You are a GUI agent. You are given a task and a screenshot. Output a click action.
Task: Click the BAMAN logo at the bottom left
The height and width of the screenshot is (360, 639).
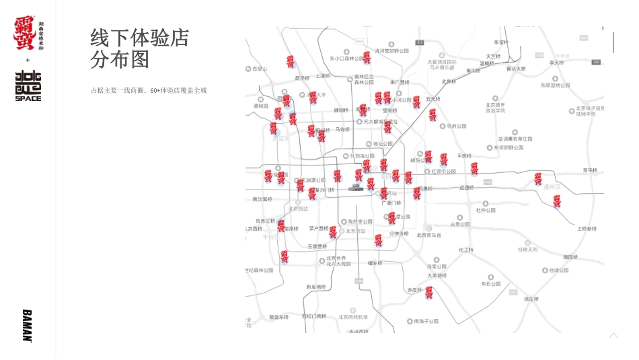point(27,326)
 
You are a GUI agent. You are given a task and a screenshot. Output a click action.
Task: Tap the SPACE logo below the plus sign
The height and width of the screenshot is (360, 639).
point(28,85)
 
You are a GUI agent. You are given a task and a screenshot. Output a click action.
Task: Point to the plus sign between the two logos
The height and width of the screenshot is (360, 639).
point(28,60)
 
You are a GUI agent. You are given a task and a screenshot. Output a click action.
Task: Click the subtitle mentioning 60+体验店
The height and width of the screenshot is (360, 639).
point(149,90)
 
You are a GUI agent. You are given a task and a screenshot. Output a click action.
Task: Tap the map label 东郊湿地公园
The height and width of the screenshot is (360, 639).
point(555,85)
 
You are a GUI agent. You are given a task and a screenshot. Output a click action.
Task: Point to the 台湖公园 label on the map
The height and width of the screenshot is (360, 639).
point(558,270)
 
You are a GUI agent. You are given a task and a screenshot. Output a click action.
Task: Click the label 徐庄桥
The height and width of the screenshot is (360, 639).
point(531,299)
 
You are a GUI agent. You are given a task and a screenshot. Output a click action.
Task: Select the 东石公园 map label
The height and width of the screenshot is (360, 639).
point(491,284)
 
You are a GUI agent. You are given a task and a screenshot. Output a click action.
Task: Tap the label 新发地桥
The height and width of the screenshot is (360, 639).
point(315,287)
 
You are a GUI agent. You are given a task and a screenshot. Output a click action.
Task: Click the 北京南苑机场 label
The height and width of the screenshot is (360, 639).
point(353,316)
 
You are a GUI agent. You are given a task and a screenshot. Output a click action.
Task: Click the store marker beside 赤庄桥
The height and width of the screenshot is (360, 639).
point(428,291)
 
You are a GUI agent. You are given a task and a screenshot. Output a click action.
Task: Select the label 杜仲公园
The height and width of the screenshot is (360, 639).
point(486,210)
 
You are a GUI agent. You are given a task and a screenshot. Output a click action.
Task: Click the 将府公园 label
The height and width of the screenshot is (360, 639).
point(457,126)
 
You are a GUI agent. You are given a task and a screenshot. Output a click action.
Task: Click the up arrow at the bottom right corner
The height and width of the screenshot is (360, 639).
point(613,335)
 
